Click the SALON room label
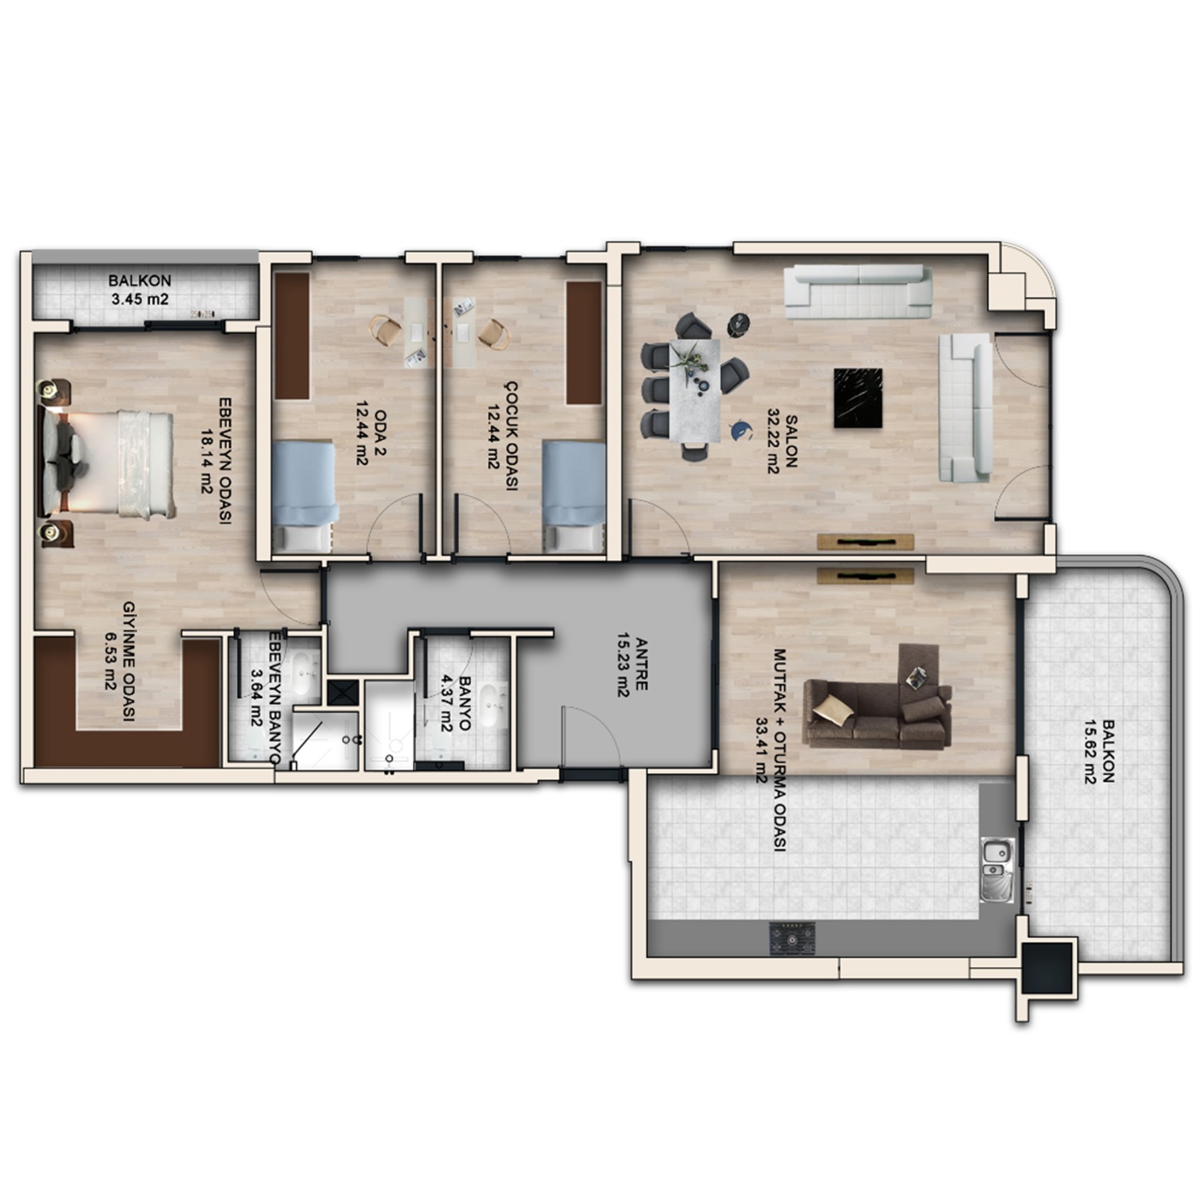(782, 444)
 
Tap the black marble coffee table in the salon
(857, 398)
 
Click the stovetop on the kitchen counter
(792, 938)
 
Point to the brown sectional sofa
(878, 707)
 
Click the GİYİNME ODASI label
(120, 661)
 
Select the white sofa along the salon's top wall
(857, 291)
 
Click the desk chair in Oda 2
(386, 330)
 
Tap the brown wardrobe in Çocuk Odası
(584, 343)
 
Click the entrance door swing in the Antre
(591, 736)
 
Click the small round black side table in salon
(739, 323)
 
